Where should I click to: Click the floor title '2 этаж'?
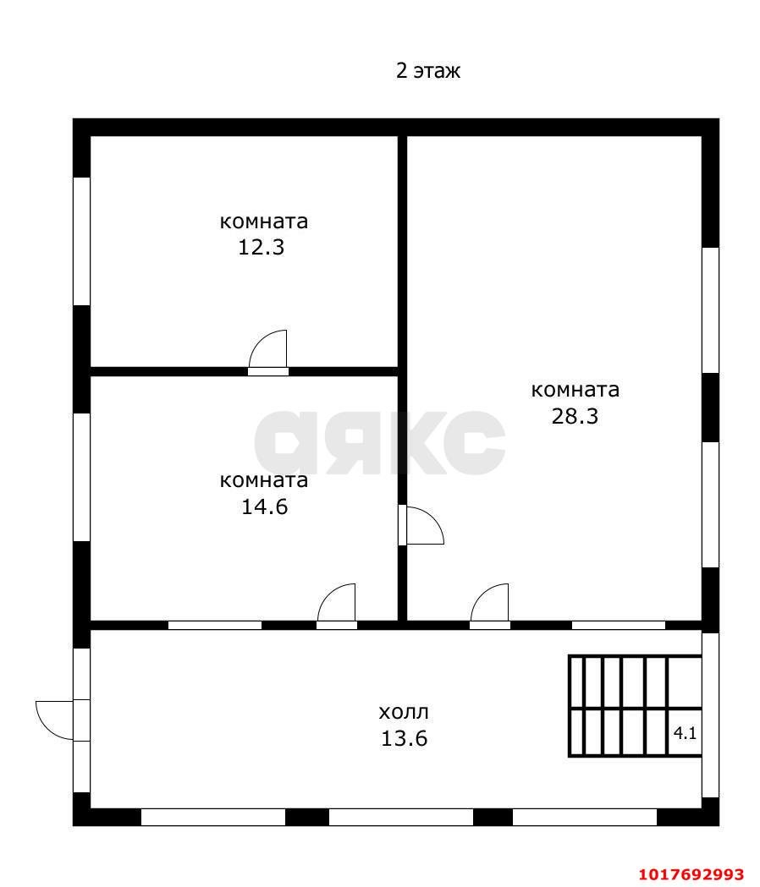(x=427, y=71)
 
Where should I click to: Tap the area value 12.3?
(x=261, y=247)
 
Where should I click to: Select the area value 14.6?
(x=264, y=506)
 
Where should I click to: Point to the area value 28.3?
(x=575, y=416)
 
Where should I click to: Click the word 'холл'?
(x=404, y=712)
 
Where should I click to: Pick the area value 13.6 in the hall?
(x=404, y=739)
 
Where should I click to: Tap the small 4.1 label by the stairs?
(x=685, y=734)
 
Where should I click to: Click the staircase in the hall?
(x=635, y=705)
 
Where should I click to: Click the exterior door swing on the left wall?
(x=55, y=720)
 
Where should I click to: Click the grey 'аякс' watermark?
(x=379, y=443)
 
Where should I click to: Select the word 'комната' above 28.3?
(x=575, y=390)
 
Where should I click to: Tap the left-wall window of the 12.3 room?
(x=82, y=242)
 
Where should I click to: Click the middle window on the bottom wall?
(x=401, y=817)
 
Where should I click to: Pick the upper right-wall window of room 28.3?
(x=711, y=310)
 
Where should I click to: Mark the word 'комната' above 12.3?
(x=264, y=222)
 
